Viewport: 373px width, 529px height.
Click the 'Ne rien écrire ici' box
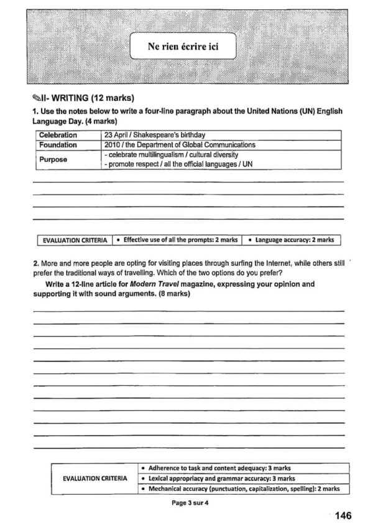pos(183,45)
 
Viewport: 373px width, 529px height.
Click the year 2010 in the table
pos(113,145)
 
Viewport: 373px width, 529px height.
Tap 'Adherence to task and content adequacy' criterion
pos(214,467)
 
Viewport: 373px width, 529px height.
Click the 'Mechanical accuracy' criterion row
pos(243,489)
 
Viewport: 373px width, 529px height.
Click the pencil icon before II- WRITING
pos(36,98)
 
